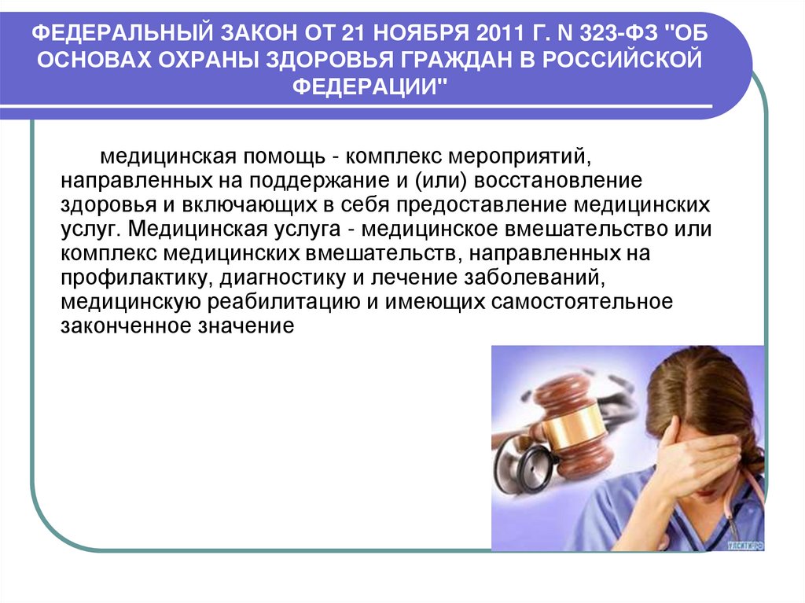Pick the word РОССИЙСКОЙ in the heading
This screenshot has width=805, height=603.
pos(627,60)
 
